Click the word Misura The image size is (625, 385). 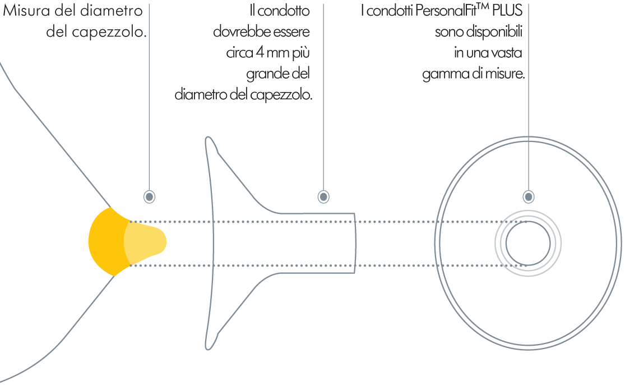point(26,11)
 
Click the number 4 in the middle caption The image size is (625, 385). point(260,52)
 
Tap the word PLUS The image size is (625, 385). point(507,11)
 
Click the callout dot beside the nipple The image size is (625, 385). point(149,196)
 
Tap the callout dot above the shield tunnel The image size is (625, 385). point(323,196)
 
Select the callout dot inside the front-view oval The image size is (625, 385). point(529,196)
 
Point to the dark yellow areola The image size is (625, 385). point(105,242)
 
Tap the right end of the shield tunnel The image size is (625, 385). point(355,244)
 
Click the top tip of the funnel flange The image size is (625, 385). point(208,138)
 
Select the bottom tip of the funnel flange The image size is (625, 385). point(208,349)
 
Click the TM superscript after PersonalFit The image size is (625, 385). point(483,7)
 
